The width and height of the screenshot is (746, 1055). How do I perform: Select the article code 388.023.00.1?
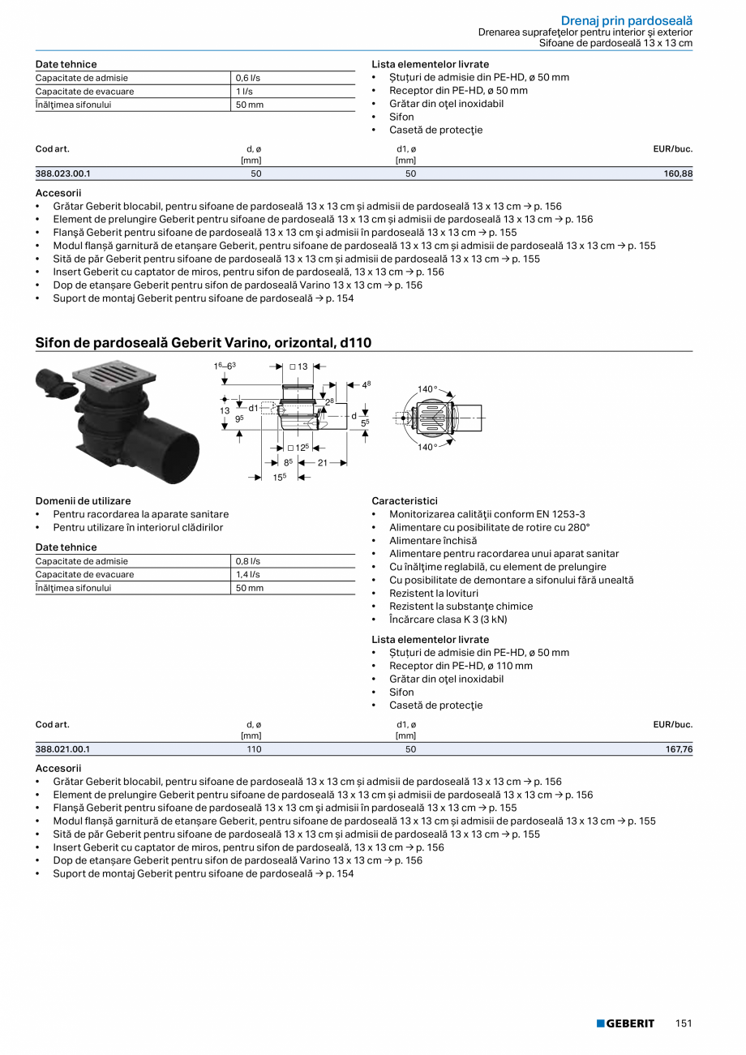[x=63, y=174]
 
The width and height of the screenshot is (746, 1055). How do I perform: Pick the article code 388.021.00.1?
[x=63, y=749]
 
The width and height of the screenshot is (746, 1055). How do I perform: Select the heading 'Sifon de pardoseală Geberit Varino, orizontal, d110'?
[x=203, y=343]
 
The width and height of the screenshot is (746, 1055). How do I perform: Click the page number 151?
[x=684, y=1023]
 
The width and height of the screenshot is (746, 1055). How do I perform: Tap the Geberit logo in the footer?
[x=625, y=1023]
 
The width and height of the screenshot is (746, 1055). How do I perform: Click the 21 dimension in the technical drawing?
[x=322, y=462]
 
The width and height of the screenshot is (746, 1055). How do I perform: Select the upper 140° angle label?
[x=427, y=389]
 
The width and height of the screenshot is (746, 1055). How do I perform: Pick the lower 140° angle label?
[x=427, y=447]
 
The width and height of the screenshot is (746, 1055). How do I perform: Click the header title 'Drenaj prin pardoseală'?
[x=627, y=20]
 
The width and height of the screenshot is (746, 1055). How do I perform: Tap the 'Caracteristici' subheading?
[x=405, y=501]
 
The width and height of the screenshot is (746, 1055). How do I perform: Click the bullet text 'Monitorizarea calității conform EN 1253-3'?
[x=487, y=514]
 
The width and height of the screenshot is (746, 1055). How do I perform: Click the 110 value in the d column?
[x=254, y=749]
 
